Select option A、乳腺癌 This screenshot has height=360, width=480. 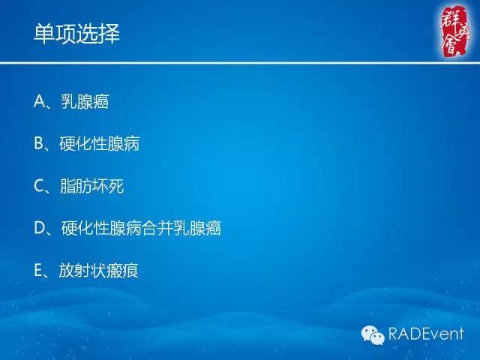(x=72, y=102)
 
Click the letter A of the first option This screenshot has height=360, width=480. (x=40, y=102)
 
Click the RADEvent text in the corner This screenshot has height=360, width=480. (x=426, y=333)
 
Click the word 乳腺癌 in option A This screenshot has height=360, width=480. (x=85, y=102)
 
